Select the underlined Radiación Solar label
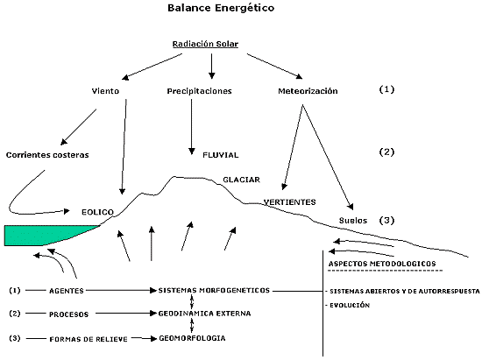pyautogui.click(x=210, y=45)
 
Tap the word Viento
pyautogui.click(x=106, y=90)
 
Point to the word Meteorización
pyautogui.click(x=307, y=90)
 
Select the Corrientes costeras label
pyautogui.click(x=47, y=154)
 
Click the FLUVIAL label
pyautogui.click(x=222, y=154)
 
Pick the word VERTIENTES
pyautogui.click(x=290, y=201)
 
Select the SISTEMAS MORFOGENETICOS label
pyautogui.click(x=216, y=289)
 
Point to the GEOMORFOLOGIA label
pyautogui.click(x=198, y=337)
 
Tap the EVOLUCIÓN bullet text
pyautogui.click(x=351, y=306)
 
